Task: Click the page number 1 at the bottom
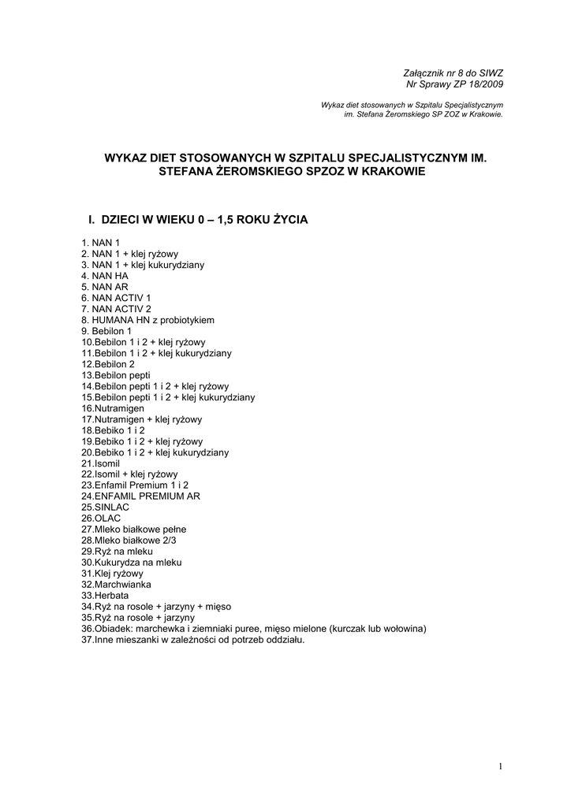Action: pos(500,766)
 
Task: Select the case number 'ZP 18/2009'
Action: pos(479,84)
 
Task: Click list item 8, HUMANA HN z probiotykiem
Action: pos(147,320)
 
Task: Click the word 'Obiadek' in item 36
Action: pos(114,629)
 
